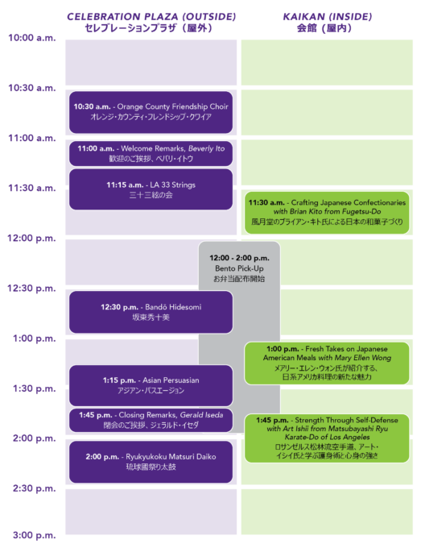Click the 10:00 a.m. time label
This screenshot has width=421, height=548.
pos(31,38)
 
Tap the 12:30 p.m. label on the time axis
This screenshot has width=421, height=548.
pos(31,289)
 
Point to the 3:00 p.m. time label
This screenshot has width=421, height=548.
pos(34,535)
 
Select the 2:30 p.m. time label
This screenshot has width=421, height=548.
pos(34,488)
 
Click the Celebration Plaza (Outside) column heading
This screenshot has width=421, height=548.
pos(151,22)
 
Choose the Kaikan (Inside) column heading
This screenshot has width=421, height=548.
pos(327,22)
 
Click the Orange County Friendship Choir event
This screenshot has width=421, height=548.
pos(151,112)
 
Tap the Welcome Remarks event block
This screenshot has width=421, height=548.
pos(151,153)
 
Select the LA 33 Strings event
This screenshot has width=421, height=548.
pos(151,189)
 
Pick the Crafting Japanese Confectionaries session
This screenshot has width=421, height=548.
pos(327,213)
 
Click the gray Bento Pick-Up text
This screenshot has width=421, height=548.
pos(239,268)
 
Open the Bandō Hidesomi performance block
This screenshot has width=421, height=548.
pos(151,312)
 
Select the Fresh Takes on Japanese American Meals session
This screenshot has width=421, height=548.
pos(327,363)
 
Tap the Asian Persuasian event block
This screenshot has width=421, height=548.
pos(151,385)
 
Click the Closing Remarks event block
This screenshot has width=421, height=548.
pos(151,420)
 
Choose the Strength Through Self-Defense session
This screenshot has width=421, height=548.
pos(327,438)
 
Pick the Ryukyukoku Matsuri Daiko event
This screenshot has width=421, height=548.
pos(151,462)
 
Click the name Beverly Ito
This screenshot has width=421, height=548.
pos(206,148)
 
